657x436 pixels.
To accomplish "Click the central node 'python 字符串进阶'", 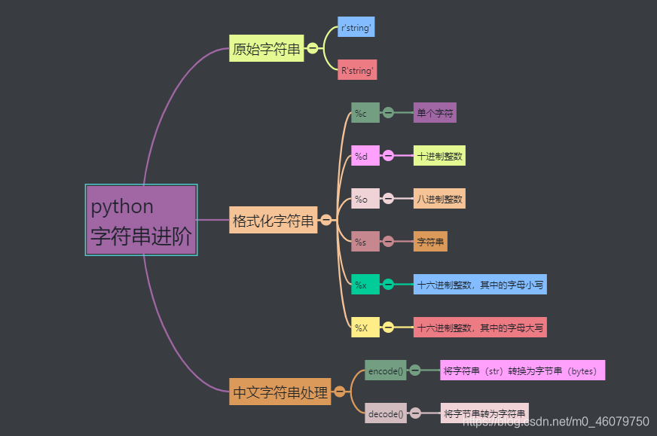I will pyautogui.click(x=141, y=220).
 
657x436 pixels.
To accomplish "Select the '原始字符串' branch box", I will pyautogui.click(x=266, y=49).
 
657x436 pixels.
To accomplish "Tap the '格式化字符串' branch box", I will pyautogui.click(x=273, y=221).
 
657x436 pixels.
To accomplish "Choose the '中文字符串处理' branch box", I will pyautogui.click(x=280, y=392).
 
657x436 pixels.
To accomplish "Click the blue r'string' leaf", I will pyautogui.click(x=356, y=27).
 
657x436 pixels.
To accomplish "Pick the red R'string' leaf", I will pyautogui.click(x=357, y=70).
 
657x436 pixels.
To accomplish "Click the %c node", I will pyautogui.click(x=365, y=113).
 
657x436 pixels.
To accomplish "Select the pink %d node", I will pyautogui.click(x=365, y=156).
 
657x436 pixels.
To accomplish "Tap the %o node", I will pyautogui.click(x=365, y=199).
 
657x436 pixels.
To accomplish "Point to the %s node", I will pyautogui.click(x=365, y=242).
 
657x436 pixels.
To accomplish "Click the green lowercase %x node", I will pyautogui.click(x=365, y=285).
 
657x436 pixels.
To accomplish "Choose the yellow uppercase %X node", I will pyautogui.click(x=365, y=328).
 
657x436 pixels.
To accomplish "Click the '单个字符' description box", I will pyautogui.click(x=435, y=113).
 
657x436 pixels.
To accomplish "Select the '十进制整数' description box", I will pyautogui.click(x=439, y=156).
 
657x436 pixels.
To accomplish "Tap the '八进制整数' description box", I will pyautogui.click(x=439, y=199).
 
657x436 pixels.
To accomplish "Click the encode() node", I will pyautogui.click(x=386, y=370).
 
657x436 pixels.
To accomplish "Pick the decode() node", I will pyautogui.click(x=386, y=413).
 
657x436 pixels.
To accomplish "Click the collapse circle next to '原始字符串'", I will pyautogui.click(x=313, y=49).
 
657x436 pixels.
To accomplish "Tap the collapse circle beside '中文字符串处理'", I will pyautogui.click(x=340, y=392).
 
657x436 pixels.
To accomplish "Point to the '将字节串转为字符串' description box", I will pyautogui.click(x=484, y=413).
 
